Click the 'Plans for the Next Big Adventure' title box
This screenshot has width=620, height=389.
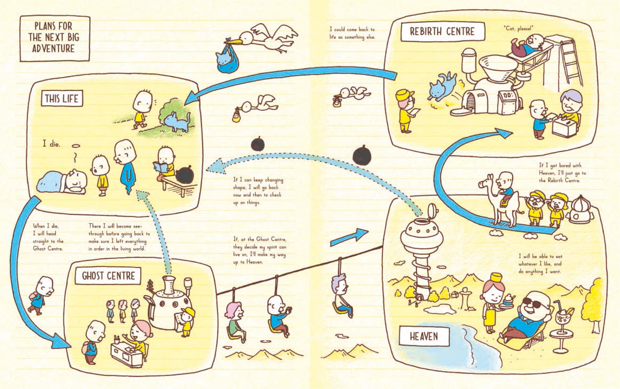(55, 39)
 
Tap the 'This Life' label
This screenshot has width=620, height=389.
(62, 98)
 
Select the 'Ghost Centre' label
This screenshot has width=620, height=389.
(108, 276)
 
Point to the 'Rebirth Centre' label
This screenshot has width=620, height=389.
(442, 32)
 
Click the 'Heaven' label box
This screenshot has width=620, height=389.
(424, 336)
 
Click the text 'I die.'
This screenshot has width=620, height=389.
(51, 144)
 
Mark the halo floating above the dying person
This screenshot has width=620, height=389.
(76, 146)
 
